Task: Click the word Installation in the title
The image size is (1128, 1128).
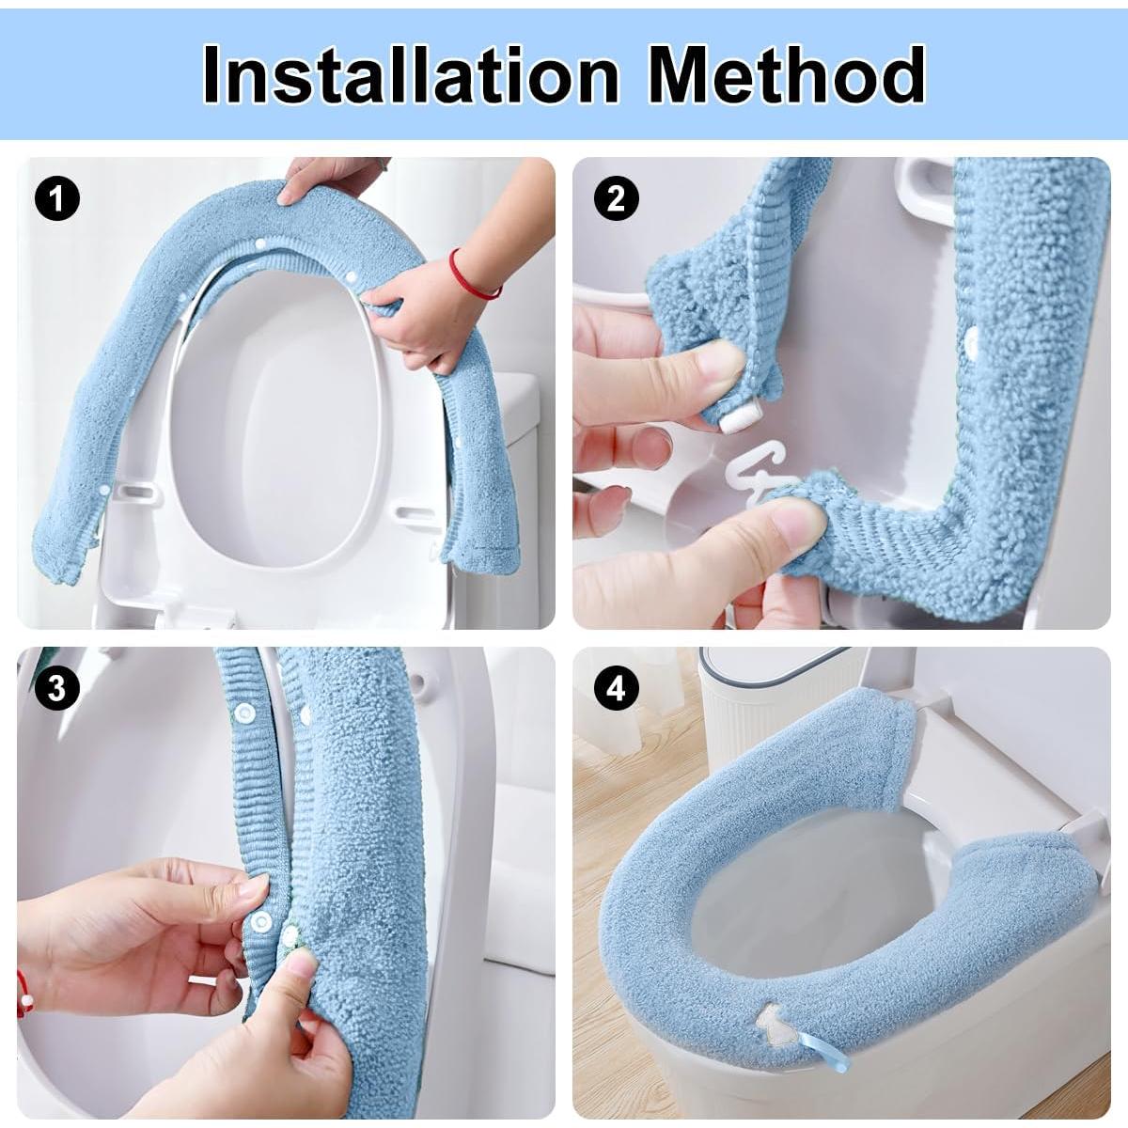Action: pyautogui.click(x=410, y=75)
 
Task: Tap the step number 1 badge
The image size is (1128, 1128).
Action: pyautogui.click(x=57, y=199)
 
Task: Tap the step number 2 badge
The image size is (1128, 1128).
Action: pyautogui.click(x=616, y=199)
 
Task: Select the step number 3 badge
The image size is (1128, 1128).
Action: pyautogui.click(x=57, y=689)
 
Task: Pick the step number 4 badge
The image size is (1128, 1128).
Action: pyautogui.click(x=616, y=689)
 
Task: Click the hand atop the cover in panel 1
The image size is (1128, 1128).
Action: pyautogui.click(x=329, y=179)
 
